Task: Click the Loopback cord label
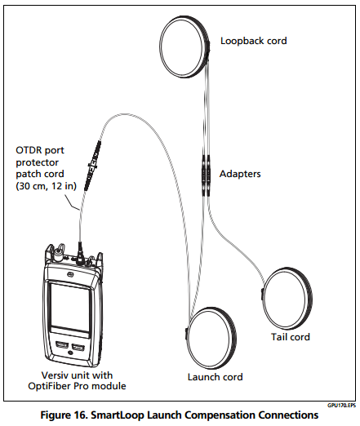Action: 253,41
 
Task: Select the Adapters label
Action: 240,174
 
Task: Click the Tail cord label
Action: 291,337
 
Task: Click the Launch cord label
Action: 215,377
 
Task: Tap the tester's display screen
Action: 70,308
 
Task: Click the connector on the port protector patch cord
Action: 92,166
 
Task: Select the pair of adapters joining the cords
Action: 206,175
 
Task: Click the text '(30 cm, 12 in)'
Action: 46,186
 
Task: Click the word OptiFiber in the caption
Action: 47,386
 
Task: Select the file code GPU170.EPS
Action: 341,406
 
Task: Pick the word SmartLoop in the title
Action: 117,415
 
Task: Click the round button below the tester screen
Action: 70,353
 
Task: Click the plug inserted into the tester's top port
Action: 80,252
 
